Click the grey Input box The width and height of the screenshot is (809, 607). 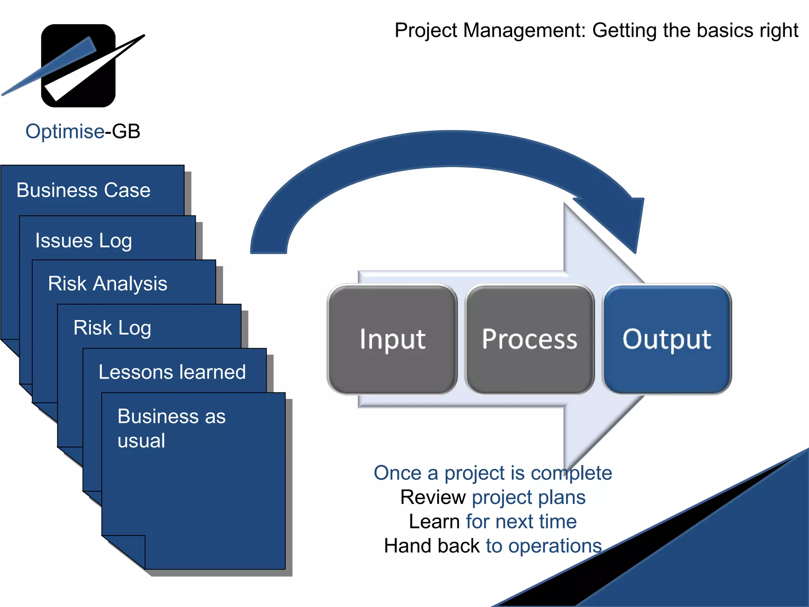392,339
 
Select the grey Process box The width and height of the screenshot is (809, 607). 529,339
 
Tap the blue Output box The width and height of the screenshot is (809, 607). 667,339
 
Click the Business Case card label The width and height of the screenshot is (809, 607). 83,190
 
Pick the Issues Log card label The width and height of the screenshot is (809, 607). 83,240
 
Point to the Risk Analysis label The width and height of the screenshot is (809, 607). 107,283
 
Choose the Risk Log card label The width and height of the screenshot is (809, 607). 112,328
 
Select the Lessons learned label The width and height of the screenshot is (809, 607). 172,372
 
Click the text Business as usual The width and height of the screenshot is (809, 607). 171,428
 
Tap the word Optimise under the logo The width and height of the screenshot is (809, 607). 65,131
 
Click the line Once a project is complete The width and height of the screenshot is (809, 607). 493,473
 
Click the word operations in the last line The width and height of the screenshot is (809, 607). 555,546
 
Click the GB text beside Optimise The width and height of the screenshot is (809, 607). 126,131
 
